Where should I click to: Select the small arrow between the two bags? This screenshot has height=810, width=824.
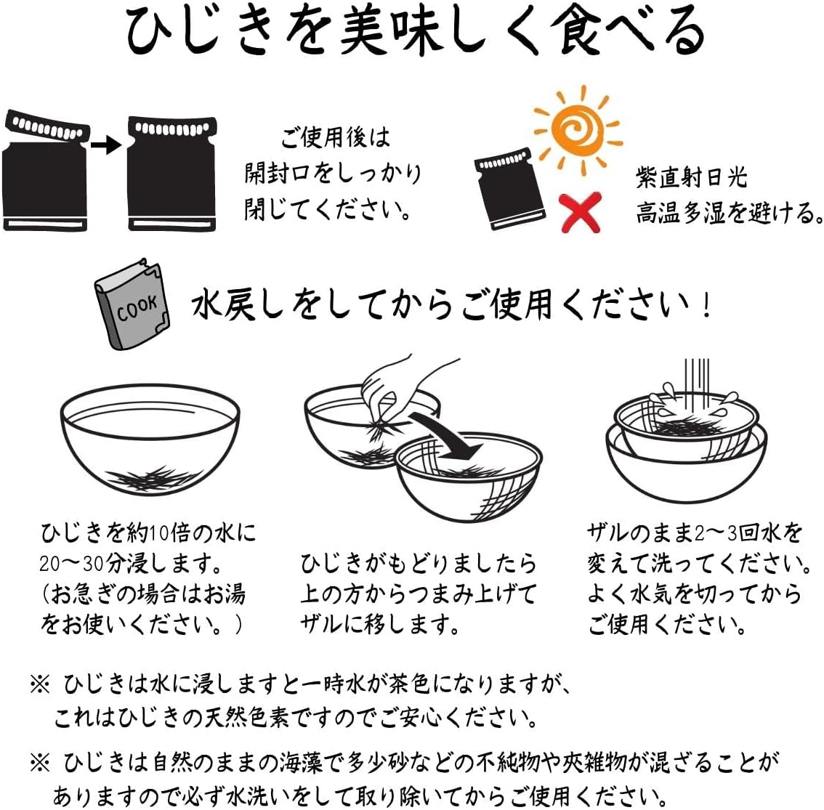(105, 145)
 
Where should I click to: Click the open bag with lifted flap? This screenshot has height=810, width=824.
(45, 171)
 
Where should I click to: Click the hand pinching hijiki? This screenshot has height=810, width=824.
(396, 385)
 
